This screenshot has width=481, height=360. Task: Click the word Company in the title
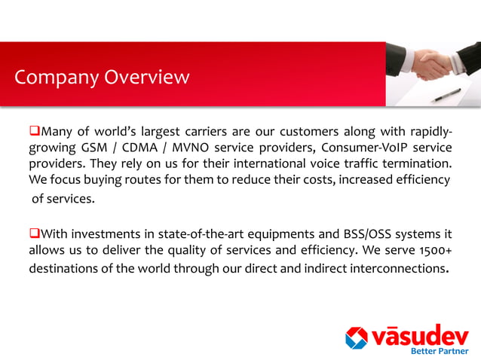tap(51, 78)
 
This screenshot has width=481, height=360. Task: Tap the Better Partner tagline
tap(438, 351)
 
